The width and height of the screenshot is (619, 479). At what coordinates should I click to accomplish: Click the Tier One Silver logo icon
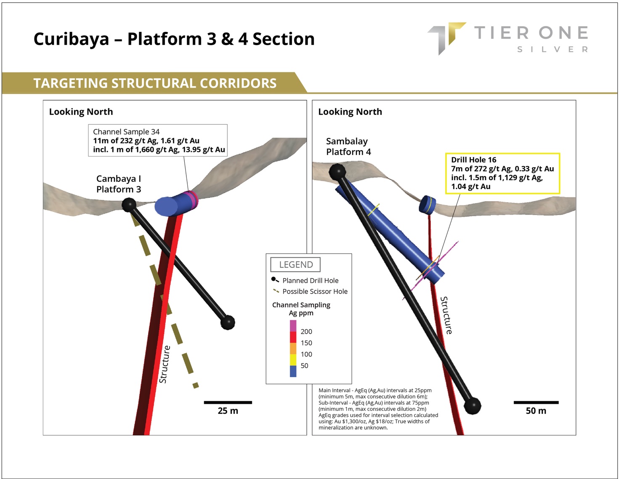click(x=446, y=37)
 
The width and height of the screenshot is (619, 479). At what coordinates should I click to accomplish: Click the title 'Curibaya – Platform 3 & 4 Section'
click(x=174, y=39)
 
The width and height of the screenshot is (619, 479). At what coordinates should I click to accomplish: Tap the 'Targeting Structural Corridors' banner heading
click(x=155, y=83)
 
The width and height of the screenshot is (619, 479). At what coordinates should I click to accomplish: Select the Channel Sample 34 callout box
click(x=158, y=141)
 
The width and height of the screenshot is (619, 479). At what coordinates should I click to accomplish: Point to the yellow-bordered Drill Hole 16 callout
click(x=502, y=173)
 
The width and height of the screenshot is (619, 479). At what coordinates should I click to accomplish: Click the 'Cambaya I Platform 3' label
click(x=119, y=184)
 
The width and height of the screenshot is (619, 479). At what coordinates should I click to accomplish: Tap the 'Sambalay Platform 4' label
click(x=348, y=146)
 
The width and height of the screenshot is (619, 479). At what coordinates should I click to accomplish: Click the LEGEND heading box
click(x=295, y=265)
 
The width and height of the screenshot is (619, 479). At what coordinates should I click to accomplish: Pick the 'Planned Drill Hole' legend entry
click(x=310, y=280)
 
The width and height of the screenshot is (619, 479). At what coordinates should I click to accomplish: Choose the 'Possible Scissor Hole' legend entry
click(x=315, y=291)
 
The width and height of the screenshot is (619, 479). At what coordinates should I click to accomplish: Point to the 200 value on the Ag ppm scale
click(x=306, y=332)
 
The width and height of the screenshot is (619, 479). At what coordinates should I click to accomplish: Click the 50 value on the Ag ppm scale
click(x=304, y=366)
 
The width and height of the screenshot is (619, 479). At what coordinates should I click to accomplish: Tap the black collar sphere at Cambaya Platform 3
click(x=129, y=205)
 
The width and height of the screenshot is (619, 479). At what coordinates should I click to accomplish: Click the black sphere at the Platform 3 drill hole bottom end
click(x=228, y=322)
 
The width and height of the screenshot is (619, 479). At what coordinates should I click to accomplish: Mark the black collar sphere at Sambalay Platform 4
click(x=337, y=172)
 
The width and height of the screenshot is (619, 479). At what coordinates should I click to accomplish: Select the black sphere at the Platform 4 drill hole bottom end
click(x=472, y=406)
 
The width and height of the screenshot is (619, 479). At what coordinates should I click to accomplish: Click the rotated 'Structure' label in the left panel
click(x=165, y=364)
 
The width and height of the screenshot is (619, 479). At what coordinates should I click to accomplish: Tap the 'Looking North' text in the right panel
click(x=350, y=112)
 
